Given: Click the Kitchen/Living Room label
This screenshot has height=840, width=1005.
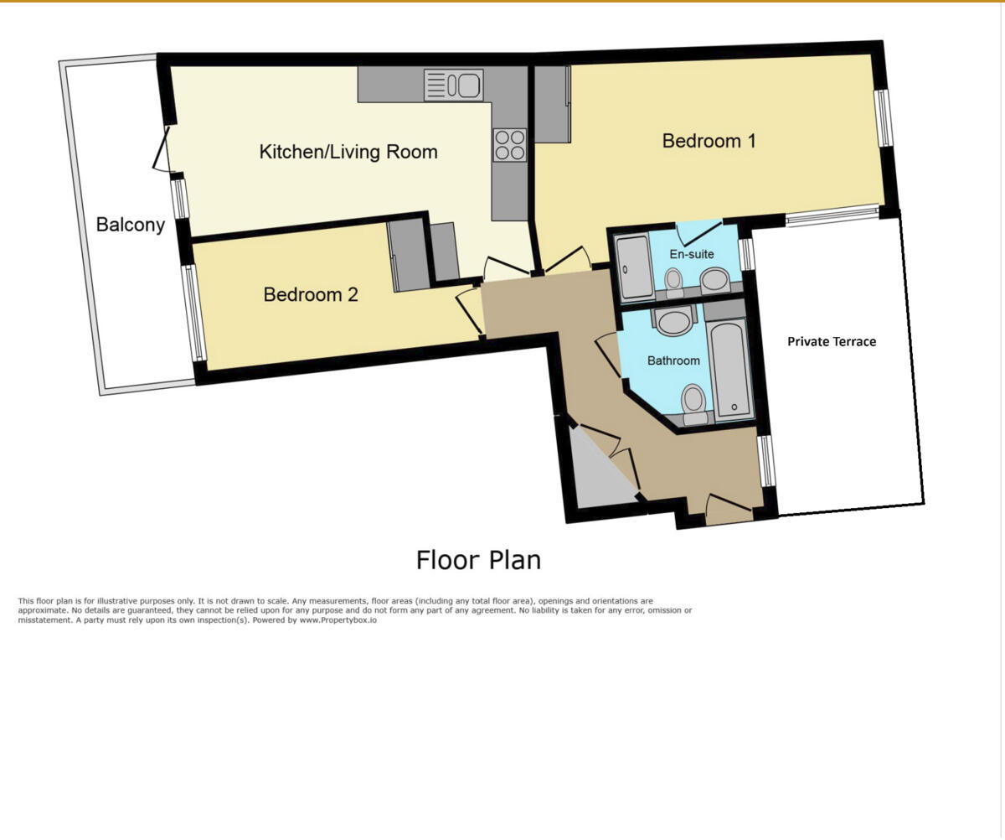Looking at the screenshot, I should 348,152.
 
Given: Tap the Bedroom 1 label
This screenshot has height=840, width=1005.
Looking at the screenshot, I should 709,140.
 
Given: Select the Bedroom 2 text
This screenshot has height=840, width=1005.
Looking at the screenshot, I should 311,294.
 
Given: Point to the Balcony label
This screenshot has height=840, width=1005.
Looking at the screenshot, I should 130,225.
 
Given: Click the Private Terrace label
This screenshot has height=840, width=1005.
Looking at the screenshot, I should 831,341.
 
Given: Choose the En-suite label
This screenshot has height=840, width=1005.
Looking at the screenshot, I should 692,254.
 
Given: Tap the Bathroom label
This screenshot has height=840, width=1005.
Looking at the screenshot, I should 673,360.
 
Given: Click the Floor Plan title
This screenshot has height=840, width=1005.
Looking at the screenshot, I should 478,560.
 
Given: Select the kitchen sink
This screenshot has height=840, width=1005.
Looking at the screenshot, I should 454,85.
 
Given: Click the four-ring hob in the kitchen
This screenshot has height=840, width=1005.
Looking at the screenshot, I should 509,144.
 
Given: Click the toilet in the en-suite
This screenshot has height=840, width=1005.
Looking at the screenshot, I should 674,279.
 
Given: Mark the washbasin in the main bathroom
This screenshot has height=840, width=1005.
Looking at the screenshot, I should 673,320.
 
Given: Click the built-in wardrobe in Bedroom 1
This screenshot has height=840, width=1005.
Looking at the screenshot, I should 551,103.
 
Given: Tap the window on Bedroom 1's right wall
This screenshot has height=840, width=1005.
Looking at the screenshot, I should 884,117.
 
